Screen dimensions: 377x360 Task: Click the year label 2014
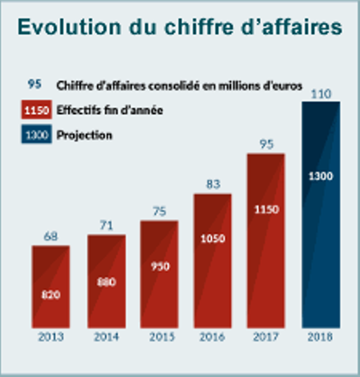pyautogui.click(x=106, y=337)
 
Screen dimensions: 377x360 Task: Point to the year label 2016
pyautogui.click(x=212, y=337)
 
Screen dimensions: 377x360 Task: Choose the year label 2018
pyautogui.click(x=320, y=337)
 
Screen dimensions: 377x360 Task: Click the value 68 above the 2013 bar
pyautogui.click(x=50, y=237)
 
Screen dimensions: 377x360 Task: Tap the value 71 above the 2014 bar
pyautogui.click(x=106, y=225)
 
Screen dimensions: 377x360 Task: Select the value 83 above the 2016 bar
pyautogui.click(x=212, y=183)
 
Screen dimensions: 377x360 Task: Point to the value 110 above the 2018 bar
pyautogui.click(x=320, y=93)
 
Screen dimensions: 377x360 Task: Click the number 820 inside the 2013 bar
pyautogui.click(x=50, y=295)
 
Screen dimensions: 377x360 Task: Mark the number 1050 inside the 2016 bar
pyautogui.click(x=212, y=239)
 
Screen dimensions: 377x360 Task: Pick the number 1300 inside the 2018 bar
pyautogui.click(x=321, y=176)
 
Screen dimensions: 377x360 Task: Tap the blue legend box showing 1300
pyautogui.click(x=37, y=135)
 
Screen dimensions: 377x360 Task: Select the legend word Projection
pyautogui.click(x=84, y=136)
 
